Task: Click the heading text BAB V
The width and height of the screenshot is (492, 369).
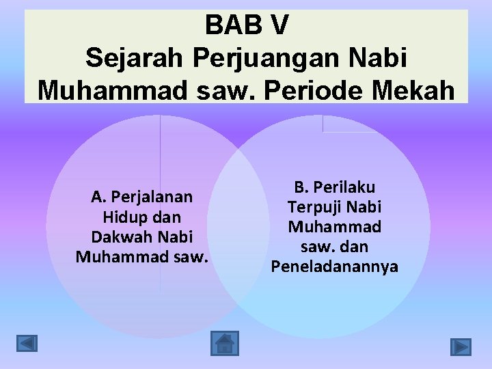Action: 247,25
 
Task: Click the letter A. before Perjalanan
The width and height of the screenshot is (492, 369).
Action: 99,197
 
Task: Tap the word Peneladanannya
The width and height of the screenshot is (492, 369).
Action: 335,266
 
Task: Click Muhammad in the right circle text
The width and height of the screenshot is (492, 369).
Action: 335,226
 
